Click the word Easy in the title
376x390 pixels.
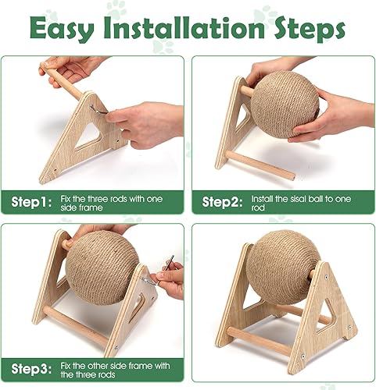[x=71, y=29]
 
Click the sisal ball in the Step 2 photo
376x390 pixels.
[x=283, y=105]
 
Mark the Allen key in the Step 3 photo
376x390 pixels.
[x=167, y=267]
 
